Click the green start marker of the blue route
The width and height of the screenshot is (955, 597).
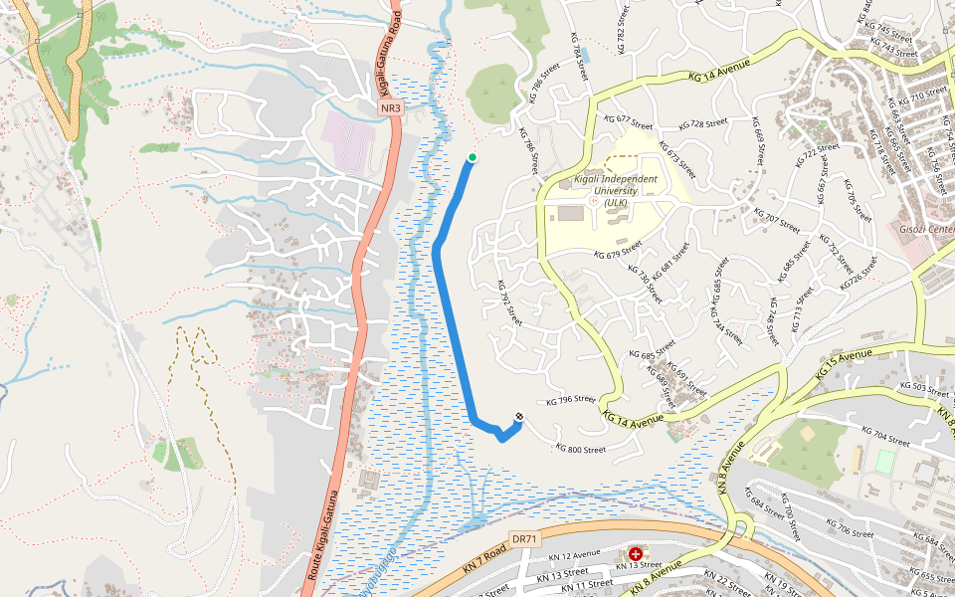pos(473,157)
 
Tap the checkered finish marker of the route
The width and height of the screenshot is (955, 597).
pos(518,416)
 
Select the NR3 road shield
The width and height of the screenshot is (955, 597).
pos(390,107)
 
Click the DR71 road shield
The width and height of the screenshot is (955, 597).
pos(524,538)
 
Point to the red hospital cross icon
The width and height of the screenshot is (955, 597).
pos(635,552)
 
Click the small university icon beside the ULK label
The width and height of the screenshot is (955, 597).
pos(594,201)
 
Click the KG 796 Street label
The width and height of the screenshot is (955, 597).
pos(571,401)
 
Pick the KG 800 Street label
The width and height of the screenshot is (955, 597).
pos(580,449)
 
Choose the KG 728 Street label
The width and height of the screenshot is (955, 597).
pos(703,124)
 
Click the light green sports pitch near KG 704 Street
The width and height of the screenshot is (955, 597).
pos(884,461)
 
